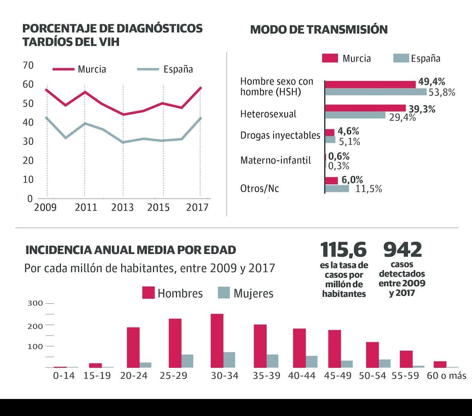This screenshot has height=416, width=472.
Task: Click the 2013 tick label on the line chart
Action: (x=122, y=207)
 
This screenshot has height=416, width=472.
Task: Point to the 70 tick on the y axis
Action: (x=28, y=65)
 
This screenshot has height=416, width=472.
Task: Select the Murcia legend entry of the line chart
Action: (x=80, y=69)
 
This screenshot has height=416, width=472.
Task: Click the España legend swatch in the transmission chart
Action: (x=401, y=58)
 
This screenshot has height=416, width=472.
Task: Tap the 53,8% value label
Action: (x=442, y=92)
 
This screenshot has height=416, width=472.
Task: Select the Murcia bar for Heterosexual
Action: (x=365, y=108)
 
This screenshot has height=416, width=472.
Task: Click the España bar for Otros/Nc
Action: (x=337, y=188)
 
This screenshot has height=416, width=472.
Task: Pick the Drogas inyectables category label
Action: (x=280, y=135)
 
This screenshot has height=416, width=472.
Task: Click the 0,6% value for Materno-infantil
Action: (x=338, y=156)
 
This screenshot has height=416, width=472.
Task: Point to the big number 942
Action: (x=402, y=250)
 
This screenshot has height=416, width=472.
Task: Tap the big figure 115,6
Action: (x=343, y=250)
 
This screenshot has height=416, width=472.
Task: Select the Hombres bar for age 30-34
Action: (x=217, y=340)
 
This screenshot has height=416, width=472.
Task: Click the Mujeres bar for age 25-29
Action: (x=187, y=361)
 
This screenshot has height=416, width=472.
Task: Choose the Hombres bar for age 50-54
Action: (x=373, y=355)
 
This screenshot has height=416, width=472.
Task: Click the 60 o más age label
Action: (x=446, y=376)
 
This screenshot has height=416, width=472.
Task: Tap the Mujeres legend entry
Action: (x=246, y=293)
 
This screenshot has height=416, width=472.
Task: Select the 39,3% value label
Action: (x=422, y=109)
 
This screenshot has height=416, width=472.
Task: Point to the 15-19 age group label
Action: (x=97, y=376)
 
